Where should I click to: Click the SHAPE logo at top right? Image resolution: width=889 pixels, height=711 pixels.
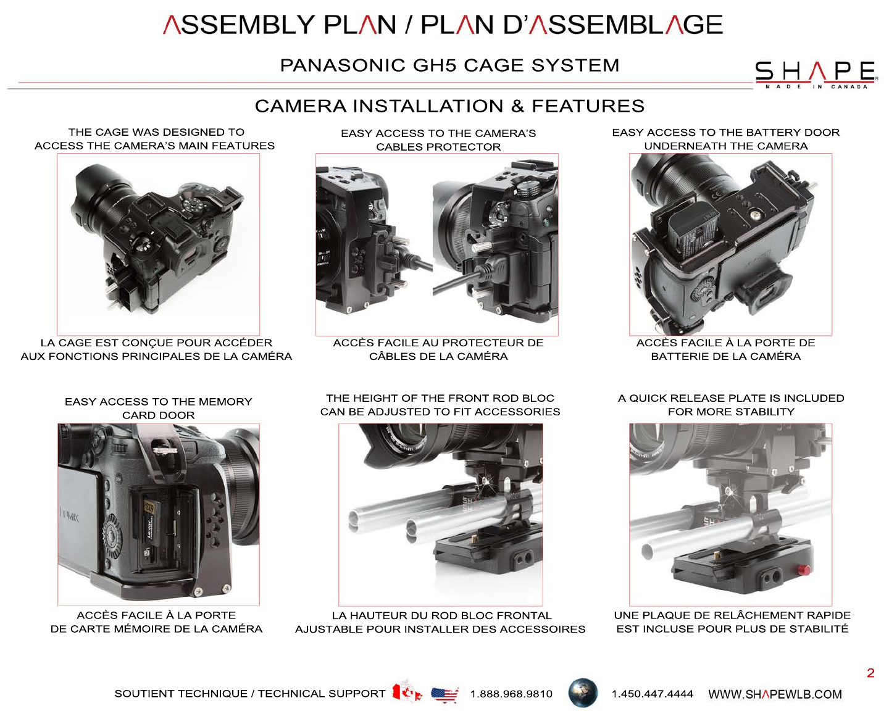(x=816, y=75)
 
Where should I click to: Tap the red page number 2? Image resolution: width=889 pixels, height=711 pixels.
(x=870, y=673)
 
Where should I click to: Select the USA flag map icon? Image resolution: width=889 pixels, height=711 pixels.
(x=444, y=694)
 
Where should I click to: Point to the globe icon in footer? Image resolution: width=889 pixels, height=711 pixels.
(x=583, y=693)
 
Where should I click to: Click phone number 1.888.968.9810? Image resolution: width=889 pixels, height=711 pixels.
(x=511, y=694)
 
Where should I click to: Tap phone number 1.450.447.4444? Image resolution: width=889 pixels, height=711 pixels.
(x=653, y=694)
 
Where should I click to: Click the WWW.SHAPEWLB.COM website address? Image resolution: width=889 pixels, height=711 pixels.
(x=775, y=694)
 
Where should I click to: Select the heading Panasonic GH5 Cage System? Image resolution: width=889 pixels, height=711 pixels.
(x=449, y=65)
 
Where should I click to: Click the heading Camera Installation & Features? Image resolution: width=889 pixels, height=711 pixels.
(x=449, y=106)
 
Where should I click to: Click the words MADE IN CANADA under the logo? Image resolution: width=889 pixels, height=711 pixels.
(x=816, y=87)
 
